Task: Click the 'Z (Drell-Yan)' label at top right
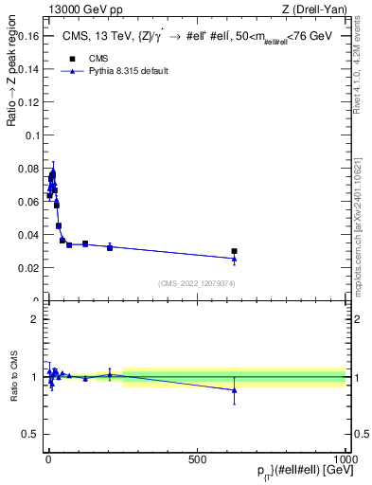[321, 9]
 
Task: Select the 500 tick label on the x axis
[197, 458]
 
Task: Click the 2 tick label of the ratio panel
[36, 319]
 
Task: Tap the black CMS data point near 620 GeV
[234, 251]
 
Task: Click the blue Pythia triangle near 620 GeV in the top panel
[234, 259]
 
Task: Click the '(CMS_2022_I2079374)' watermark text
[197, 282]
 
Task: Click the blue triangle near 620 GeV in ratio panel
[234, 390]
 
